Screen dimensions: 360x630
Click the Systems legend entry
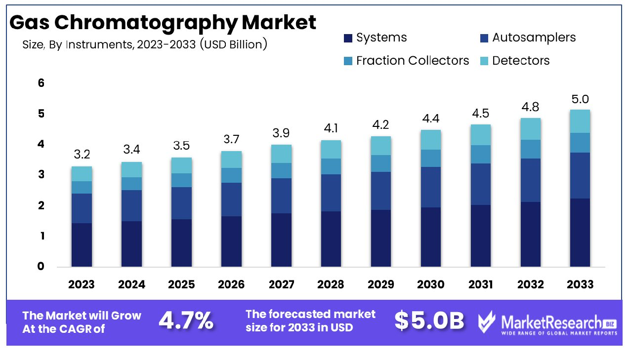pos(375,38)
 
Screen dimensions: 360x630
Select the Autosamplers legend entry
pos(527,38)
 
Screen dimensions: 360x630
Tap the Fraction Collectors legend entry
pos(407,61)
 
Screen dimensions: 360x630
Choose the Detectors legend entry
pos(514,61)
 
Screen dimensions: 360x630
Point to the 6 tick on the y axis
pos(41,83)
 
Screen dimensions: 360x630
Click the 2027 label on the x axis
pos(281,284)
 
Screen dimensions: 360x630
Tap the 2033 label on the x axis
pos(580,284)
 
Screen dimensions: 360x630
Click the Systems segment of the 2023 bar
pos(82,244)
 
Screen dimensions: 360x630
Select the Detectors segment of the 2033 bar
pos(580,121)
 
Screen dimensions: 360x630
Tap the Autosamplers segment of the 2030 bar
pos(430,187)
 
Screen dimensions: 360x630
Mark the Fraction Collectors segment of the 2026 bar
pos(231,175)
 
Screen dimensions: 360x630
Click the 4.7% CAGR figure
pos(186,321)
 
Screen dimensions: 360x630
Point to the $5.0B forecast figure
pos(429,321)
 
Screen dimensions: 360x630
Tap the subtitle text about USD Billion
pos(145,44)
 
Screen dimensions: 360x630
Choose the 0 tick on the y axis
pos(41,267)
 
